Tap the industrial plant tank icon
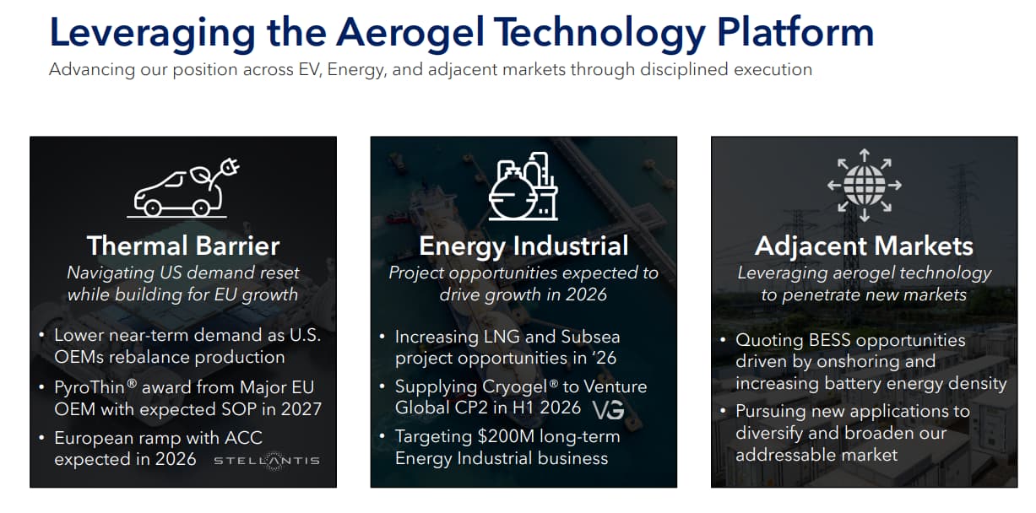coord(523,186)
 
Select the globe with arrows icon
coord(864,185)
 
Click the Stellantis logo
coord(267,461)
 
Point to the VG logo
coord(608,409)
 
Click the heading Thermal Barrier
coord(183,246)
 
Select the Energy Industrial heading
coord(523,246)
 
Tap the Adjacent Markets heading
coord(864,246)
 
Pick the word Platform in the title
coord(795,32)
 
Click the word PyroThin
coord(89,387)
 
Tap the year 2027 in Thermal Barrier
coord(301,409)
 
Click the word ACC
coord(243,438)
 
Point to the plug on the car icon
coord(230,166)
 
